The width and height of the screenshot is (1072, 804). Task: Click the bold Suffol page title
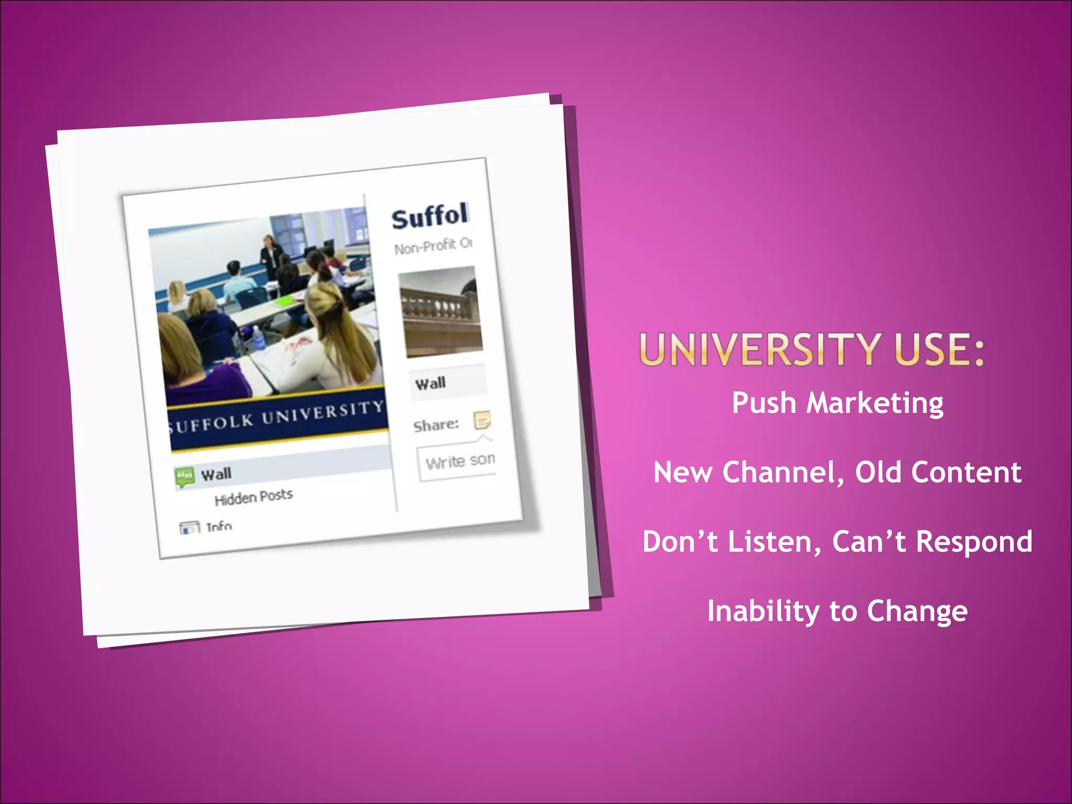(430, 216)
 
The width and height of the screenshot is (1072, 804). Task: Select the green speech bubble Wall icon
(184, 477)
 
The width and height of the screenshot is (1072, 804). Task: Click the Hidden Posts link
(253, 497)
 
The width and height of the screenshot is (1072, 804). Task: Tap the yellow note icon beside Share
(482, 420)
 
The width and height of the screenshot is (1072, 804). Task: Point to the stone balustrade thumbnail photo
(441, 312)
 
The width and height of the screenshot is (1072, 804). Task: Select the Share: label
(435, 425)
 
